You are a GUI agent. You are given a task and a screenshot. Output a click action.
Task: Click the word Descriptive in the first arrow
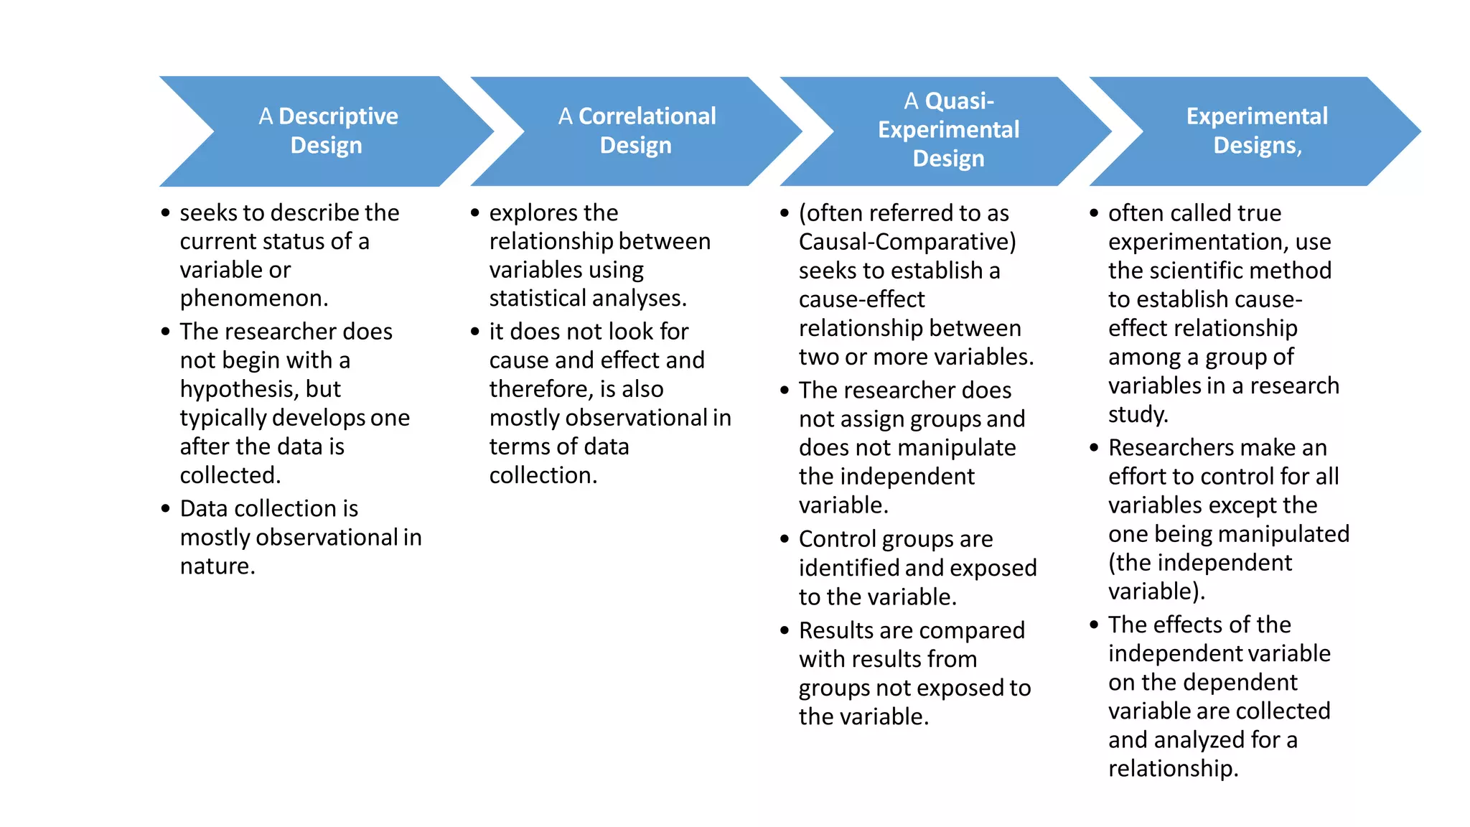(x=338, y=116)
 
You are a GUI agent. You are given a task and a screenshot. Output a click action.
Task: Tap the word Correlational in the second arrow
(x=647, y=116)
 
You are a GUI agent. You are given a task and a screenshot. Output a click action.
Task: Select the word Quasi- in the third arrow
(x=959, y=101)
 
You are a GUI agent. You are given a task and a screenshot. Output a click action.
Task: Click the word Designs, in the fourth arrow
(x=1258, y=146)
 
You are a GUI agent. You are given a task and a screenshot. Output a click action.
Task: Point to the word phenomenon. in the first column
(x=253, y=298)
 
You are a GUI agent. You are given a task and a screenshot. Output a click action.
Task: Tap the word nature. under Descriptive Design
(x=217, y=566)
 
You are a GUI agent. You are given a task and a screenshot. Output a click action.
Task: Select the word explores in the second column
(x=530, y=213)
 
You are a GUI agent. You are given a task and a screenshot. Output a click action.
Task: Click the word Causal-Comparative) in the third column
(x=907, y=242)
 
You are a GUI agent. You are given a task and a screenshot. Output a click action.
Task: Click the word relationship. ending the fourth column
(x=1173, y=769)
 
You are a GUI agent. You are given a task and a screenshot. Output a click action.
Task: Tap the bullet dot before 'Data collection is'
(x=166, y=508)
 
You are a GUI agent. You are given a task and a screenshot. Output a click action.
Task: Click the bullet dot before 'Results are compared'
(x=785, y=630)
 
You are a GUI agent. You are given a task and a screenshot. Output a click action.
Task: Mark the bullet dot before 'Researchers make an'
(x=1094, y=448)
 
